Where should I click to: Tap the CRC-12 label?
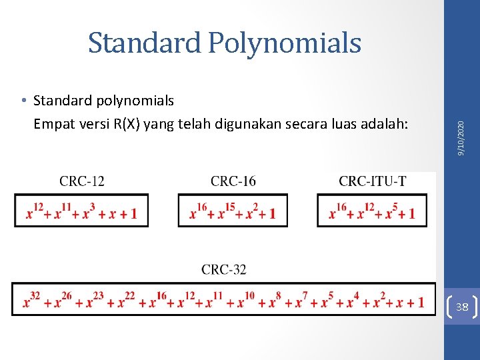coord(82,181)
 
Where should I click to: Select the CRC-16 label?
coord(233,181)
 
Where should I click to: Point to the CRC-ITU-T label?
coord(372,181)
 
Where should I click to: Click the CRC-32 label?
coord(223,269)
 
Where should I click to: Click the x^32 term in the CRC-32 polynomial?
coord(31,301)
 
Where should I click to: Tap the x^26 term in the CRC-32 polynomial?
coord(62,301)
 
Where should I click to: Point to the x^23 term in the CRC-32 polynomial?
coord(94,301)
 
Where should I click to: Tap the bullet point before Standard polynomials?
coord(23,101)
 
